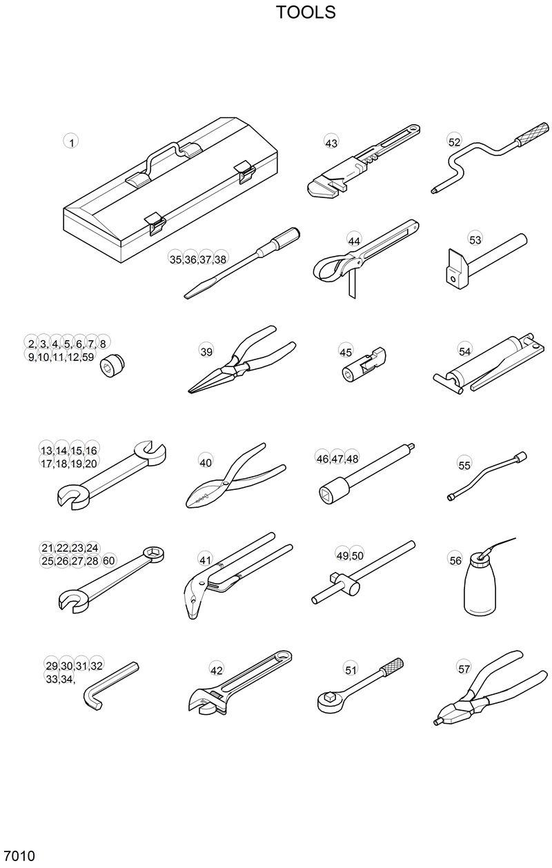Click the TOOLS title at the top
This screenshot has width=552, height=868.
pos(306,12)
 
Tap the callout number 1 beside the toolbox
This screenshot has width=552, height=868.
pos(71,142)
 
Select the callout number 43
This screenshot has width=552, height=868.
pos(331,143)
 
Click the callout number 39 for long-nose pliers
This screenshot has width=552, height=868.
pos(206,351)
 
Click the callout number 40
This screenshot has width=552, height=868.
pos(206,462)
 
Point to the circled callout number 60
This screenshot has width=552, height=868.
pos(108,560)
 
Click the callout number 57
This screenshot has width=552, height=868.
pos(464,669)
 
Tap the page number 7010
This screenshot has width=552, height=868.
pos(19,856)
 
